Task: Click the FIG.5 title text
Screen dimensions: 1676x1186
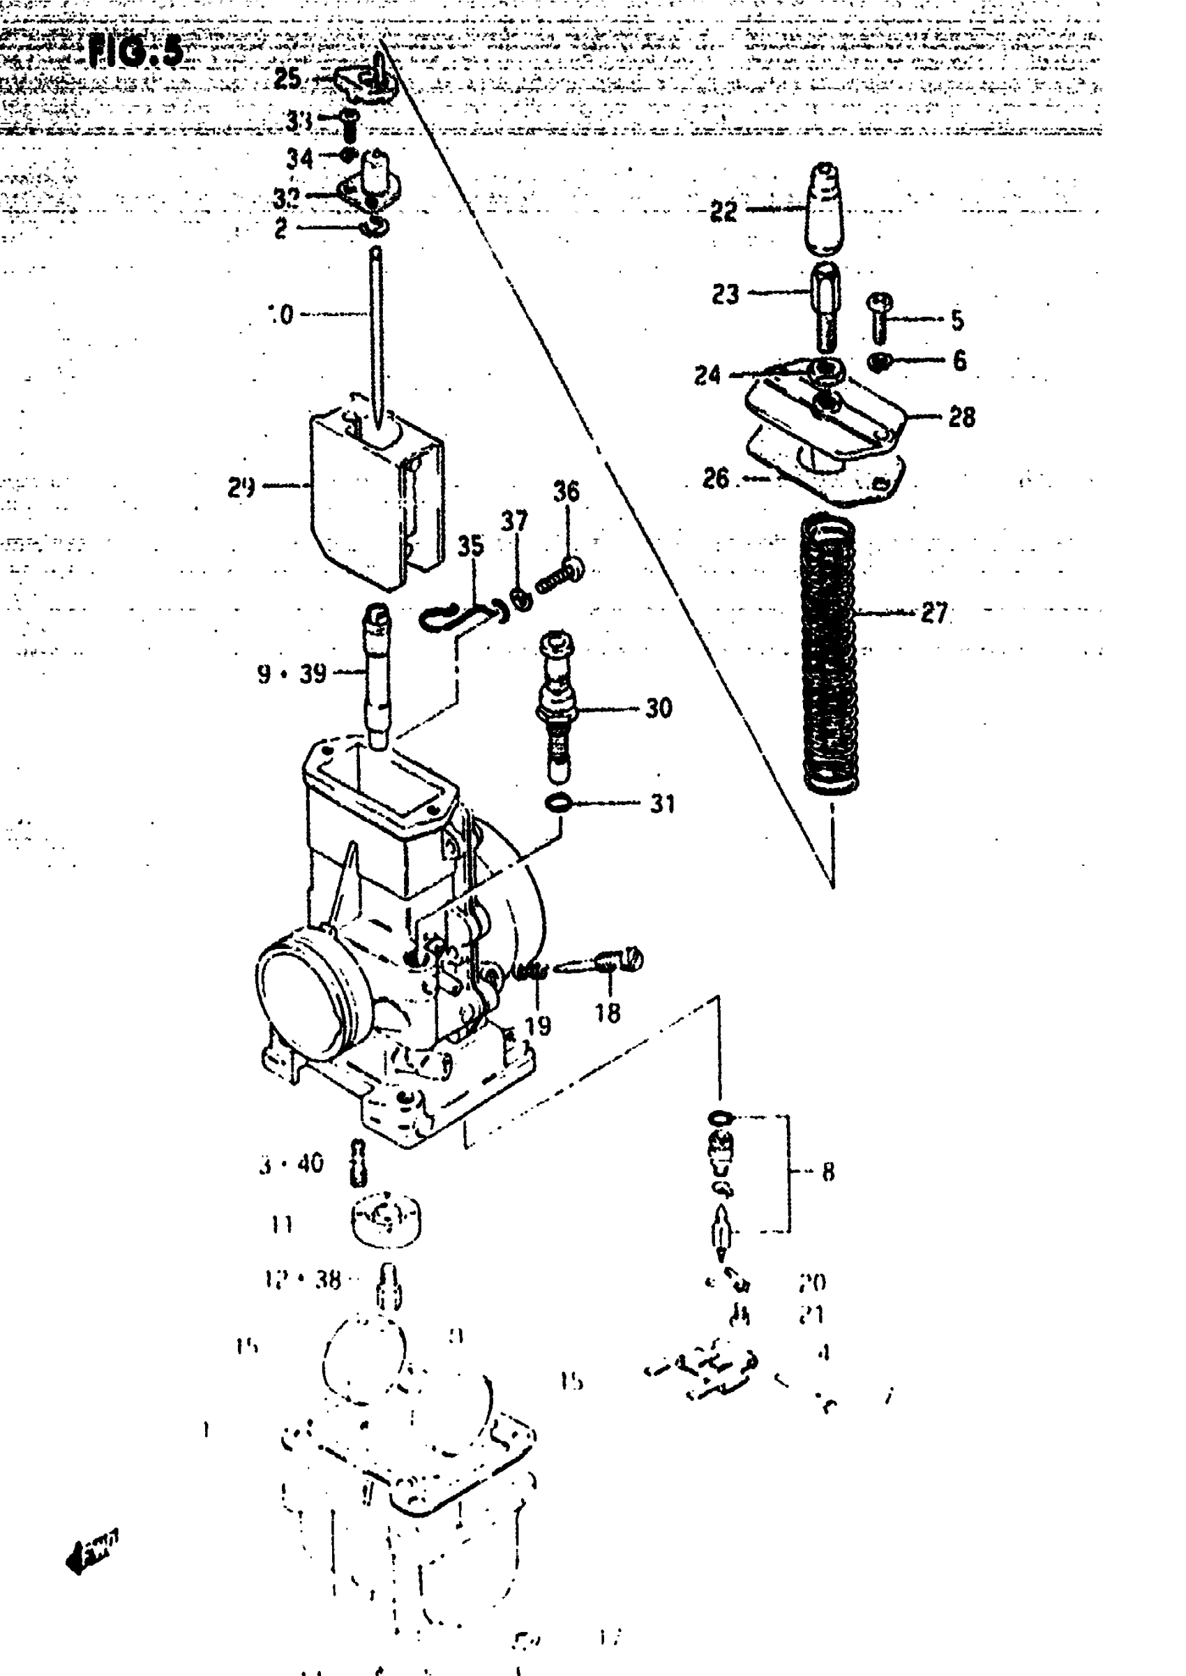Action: point(135,52)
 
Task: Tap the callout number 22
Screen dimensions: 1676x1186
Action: point(723,212)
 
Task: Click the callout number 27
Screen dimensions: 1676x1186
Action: point(934,613)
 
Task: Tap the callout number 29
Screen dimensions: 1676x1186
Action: point(241,487)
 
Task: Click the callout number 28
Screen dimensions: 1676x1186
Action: point(962,417)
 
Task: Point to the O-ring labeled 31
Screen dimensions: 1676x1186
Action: point(558,803)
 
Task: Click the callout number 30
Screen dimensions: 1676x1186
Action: point(659,708)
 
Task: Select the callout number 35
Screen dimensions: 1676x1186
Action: point(471,546)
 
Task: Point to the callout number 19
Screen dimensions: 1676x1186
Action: point(538,1025)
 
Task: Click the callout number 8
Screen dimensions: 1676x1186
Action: point(827,1173)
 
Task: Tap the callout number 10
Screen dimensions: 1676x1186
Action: point(280,315)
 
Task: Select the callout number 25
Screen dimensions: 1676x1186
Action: point(287,78)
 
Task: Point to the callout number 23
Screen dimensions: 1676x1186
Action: point(725,294)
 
